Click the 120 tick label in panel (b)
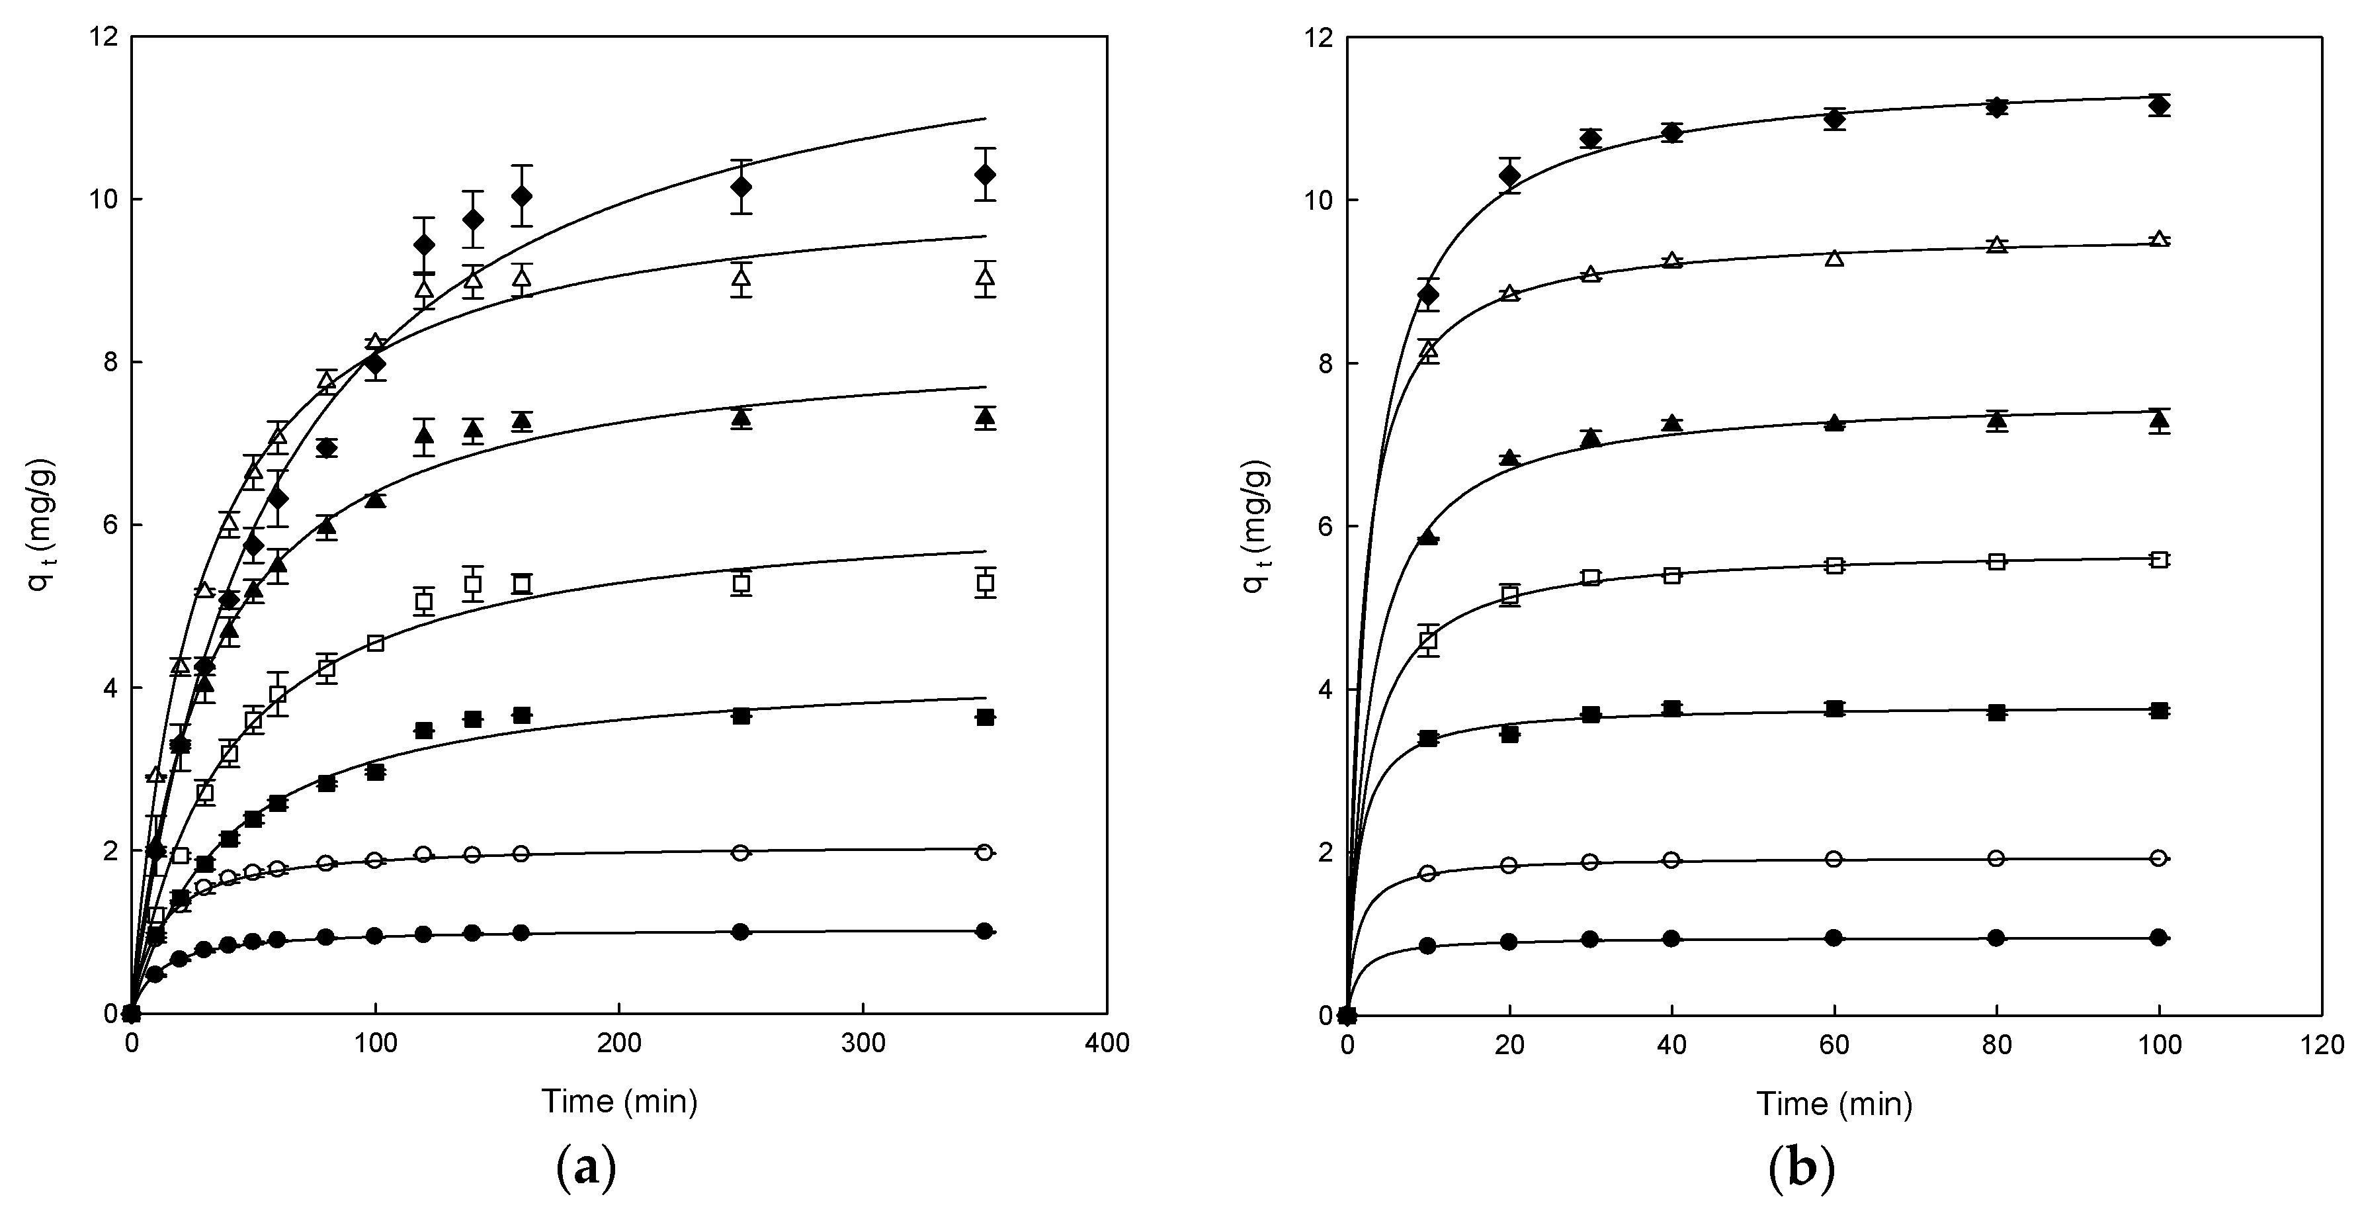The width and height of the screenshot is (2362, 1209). [2322, 1045]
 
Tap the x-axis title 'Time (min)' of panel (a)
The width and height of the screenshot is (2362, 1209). [619, 1100]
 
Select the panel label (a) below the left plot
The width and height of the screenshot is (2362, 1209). [586, 1169]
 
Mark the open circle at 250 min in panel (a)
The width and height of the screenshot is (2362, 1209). [741, 852]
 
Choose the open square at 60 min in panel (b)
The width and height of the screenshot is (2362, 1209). [1834, 565]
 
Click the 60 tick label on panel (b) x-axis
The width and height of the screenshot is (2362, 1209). [1834, 1045]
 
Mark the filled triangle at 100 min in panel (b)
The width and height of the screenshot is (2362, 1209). [2160, 420]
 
